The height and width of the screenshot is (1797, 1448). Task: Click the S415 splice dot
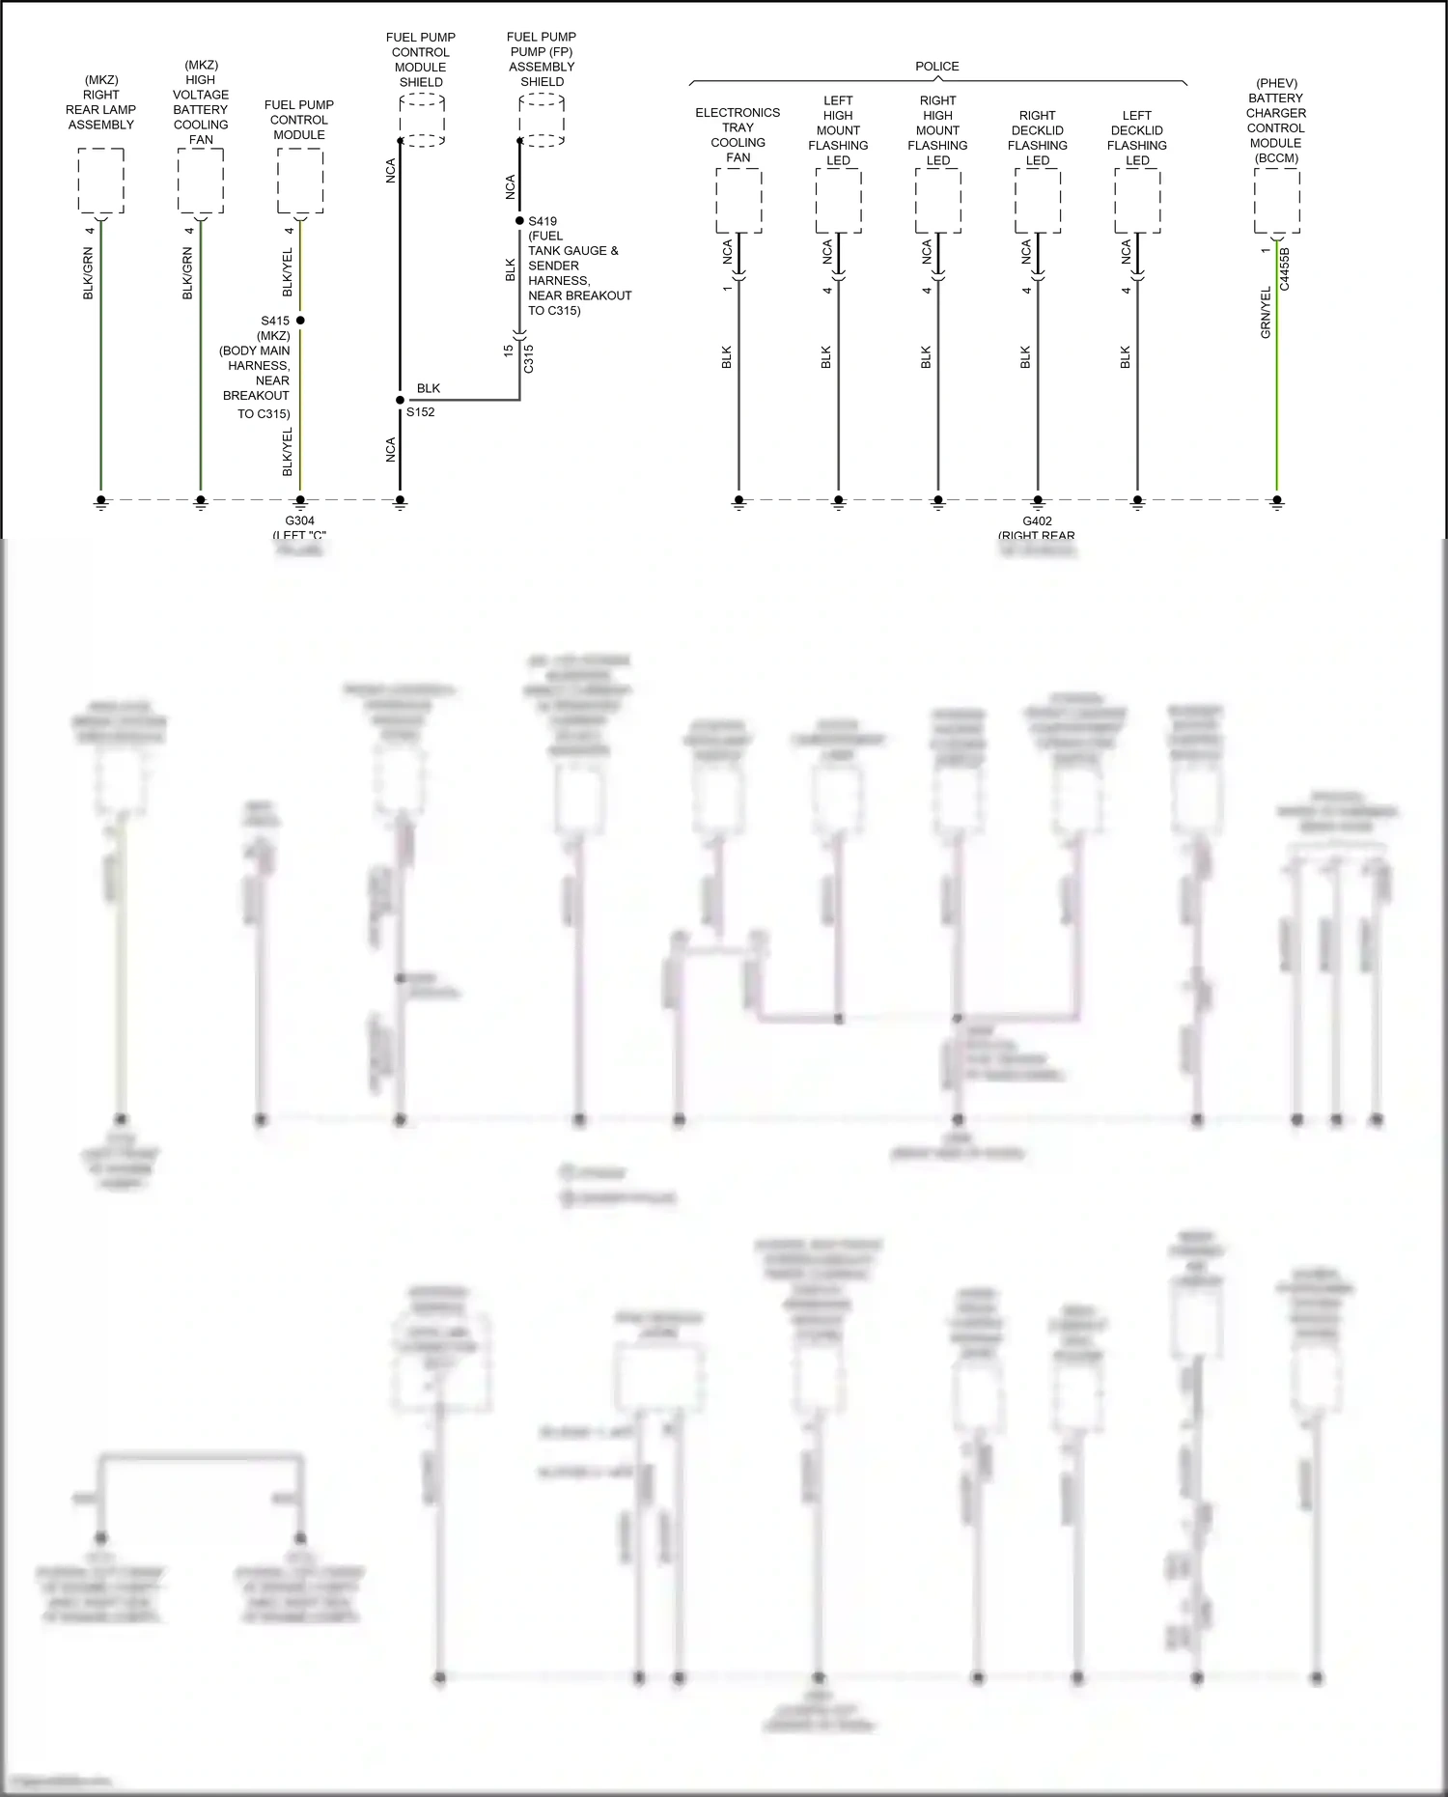point(300,321)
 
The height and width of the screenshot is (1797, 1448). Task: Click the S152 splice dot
point(400,400)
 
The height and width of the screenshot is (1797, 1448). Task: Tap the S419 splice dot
point(519,221)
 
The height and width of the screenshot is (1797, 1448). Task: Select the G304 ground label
point(300,521)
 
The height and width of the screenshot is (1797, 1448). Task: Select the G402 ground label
point(1037,521)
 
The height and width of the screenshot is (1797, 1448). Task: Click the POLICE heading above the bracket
point(936,67)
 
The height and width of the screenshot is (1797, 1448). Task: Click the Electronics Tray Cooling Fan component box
point(738,201)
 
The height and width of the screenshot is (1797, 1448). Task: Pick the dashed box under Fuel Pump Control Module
point(300,181)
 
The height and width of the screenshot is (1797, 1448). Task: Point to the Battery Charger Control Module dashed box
point(1276,201)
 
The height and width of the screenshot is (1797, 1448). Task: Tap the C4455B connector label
point(1284,268)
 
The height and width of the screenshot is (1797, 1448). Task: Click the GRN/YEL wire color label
point(1266,312)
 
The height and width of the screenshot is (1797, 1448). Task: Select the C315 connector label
point(528,358)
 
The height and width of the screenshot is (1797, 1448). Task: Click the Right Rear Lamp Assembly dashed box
point(100,181)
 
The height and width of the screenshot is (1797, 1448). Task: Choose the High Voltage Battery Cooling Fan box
point(201,181)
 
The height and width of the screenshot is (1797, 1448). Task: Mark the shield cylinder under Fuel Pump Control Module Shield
point(422,121)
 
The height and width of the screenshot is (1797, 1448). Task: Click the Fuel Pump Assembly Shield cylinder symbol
point(542,121)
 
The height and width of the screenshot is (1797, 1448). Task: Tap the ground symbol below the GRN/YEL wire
point(1276,502)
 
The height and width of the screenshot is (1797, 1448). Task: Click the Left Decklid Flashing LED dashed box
point(1137,201)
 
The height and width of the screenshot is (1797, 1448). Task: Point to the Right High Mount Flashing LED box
point(937,201)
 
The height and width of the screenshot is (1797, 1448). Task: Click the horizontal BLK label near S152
point(429,388)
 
